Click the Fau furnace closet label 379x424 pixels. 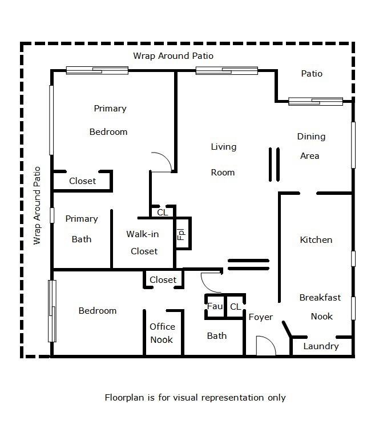click(215, 307)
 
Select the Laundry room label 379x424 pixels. click(321, 346)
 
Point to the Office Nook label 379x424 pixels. click(162, 333)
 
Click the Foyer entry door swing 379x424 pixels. click(265, 346)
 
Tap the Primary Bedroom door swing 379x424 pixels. click(162, 162)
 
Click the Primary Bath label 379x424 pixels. click(82, 229)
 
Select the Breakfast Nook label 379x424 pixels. click(320, 307)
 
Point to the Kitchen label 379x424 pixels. click(316, 240)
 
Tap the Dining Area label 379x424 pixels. click(311, 146)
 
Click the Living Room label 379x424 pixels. click(223, 159)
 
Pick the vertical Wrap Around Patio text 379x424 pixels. click(38, 205)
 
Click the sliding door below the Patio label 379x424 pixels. click(315, 102)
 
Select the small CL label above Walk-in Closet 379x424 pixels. click(162, 212)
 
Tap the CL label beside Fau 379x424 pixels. click(235, 307)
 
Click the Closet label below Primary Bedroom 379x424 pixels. click(82, 181)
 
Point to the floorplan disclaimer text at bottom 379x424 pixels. click(195, 397)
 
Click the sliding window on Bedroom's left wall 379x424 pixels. click(53, 311)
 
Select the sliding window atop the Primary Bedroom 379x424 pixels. click(96, 71)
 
